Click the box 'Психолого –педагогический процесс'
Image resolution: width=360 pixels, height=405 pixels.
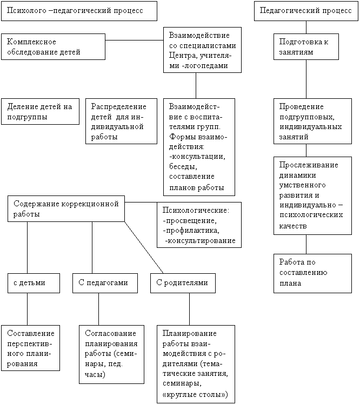pyautogui.click(x=79, y=11)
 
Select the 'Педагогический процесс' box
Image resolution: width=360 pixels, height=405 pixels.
pyautogui.click(x=306, y=11)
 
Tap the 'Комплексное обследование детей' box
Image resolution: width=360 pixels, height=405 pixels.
pyautogui.click(x=54, y=47)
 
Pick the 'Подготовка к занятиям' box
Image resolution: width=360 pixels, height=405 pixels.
pyautogui.click(x=306, y=47)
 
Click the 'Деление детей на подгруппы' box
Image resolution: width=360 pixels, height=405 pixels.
pyautogui.click(x=41, y=112)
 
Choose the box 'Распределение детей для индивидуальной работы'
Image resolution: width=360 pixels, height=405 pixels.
pyautogui.click(x=121, y=121)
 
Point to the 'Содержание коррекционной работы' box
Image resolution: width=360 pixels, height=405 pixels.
pyautogui.click(x=66, y=208)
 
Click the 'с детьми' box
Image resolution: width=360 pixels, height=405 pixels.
pyautogui.click(x=34, y=283)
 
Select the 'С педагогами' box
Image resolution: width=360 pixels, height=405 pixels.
pyautogui.click(x=105, y=283)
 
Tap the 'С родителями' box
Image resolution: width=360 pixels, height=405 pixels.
pyautogui.click(x=183, y=283)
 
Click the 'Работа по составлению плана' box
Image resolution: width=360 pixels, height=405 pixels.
pyautogui.click(x=312, y=274)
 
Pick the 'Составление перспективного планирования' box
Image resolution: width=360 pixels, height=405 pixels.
pyautogui.click(x=30, y=348)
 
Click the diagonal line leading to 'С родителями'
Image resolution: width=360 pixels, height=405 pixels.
pyautogui.click(x=144, y=247)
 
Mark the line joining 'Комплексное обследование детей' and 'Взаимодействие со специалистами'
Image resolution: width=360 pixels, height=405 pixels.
pyautogui.click(x=134, y=40)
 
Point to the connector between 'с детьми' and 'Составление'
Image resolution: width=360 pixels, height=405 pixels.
pyautogui.click(x=28, y=309)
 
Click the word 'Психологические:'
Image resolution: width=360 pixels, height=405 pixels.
pyautogui.click(x=196, y=210)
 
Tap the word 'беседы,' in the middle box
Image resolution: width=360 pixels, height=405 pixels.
pyautogui.click(x=183, y=167)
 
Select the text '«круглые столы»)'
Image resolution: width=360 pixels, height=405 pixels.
pyautogui.click(x=195, y=395)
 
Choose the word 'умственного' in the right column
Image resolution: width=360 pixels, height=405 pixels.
pyautogui.click(x=302, y=185)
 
